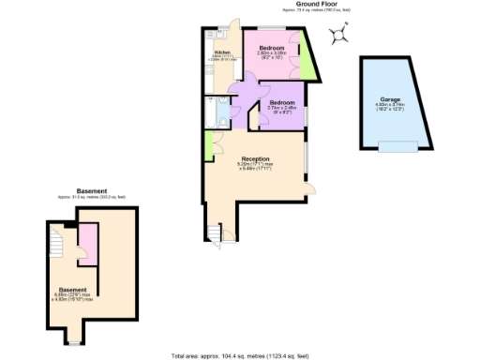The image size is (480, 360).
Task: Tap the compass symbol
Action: [x=340, y=36]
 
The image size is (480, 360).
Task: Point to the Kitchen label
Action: [x=222, y=52]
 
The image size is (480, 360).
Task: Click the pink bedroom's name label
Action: [x=272, y=47]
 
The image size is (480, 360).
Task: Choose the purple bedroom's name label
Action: [x=282, y=101]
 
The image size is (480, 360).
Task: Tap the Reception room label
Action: [x=255, y=159]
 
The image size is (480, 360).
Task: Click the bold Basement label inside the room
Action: [x=73, y=289]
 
